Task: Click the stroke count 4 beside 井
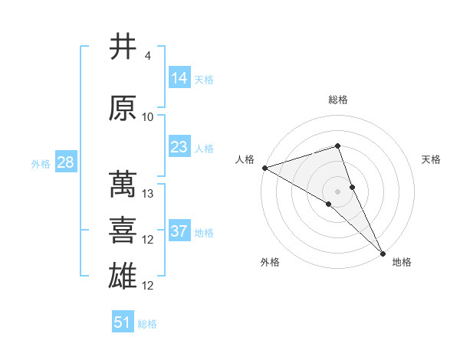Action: (147, 56)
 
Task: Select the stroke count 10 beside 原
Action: (148, 117)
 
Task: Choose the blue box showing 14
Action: (179, 77)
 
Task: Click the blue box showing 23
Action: (179, 146)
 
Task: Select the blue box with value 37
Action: (179, 231)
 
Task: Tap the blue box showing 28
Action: (65, 162)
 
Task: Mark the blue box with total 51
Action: (123, 322)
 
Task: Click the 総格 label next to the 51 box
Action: (148, 324)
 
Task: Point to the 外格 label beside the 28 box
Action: (41, 163)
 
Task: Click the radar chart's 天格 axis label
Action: (432, 159)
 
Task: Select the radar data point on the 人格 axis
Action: (264, 168)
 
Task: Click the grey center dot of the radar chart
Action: (337, 191)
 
